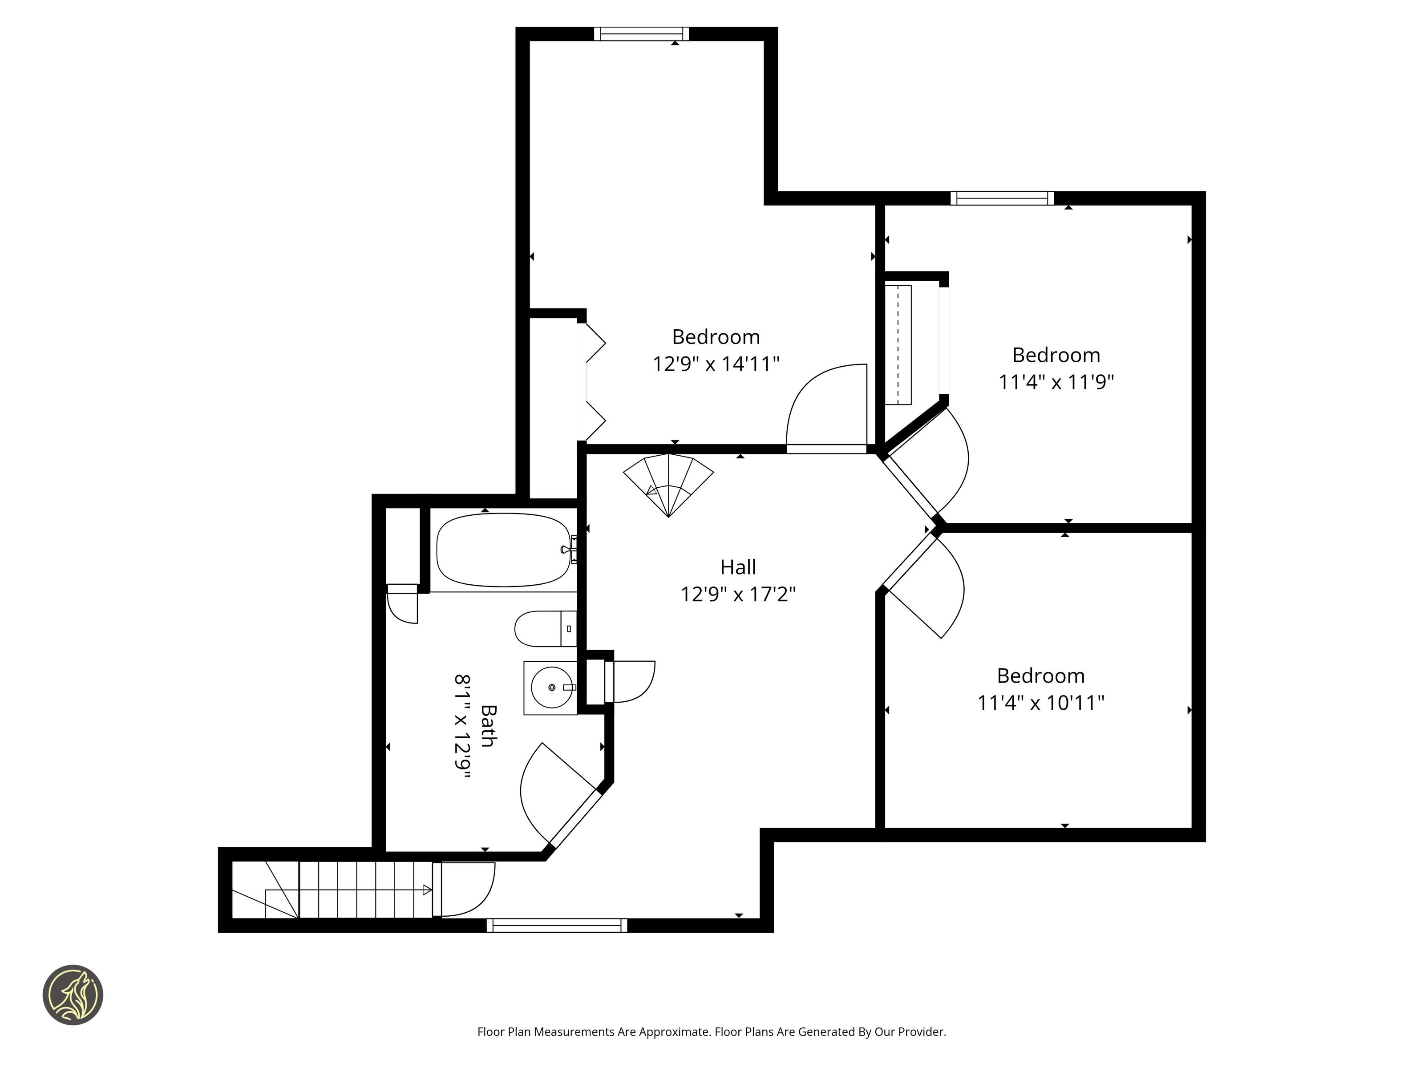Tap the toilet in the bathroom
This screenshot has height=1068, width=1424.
[x=545, y=628]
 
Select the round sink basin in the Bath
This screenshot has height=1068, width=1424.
[x=552, y=688]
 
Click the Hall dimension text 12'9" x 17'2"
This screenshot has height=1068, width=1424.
[x=738, y=594]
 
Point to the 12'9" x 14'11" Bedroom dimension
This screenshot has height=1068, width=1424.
[x=716, y=364]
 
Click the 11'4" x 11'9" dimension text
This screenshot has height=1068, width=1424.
[x=1056, y=382]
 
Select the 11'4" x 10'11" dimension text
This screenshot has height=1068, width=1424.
[x=1041, y=702]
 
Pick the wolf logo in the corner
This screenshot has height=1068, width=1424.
[x=73, y=995]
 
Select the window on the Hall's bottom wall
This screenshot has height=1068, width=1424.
[x=557, y=925]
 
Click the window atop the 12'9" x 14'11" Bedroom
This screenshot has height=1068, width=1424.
[x=641, y=33]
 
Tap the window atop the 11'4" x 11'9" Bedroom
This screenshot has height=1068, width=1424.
[x=1002, y=198]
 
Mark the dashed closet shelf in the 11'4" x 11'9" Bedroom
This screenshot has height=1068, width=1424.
[x=898, y=345]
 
